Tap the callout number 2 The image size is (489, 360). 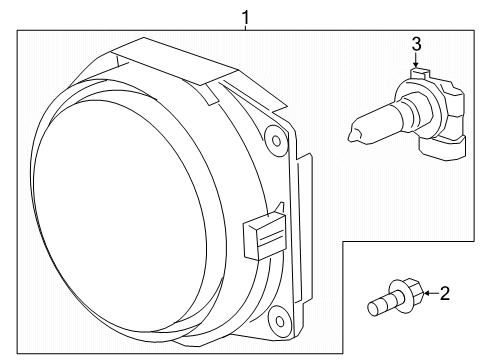444,294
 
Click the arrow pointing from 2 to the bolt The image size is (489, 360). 429,294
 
